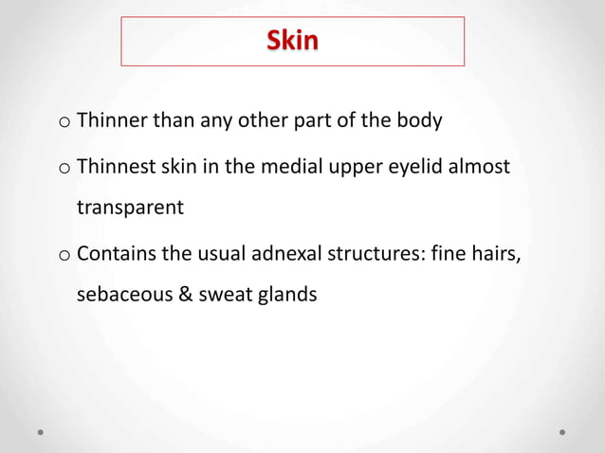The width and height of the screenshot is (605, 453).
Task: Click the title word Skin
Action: [x=292, y=42]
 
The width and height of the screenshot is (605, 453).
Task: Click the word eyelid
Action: [x=412, y=169]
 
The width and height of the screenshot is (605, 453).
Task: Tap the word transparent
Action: [x=130, y=208]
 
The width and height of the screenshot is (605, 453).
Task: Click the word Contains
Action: [x=116, y=254]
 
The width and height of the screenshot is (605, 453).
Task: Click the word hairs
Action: [x=498, y=254]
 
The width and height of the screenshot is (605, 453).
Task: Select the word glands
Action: [x=286, y=296]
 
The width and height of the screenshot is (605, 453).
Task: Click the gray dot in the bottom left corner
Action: [x=41, y=431]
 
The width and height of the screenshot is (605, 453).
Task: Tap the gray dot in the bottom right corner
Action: [x=562, y=431]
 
